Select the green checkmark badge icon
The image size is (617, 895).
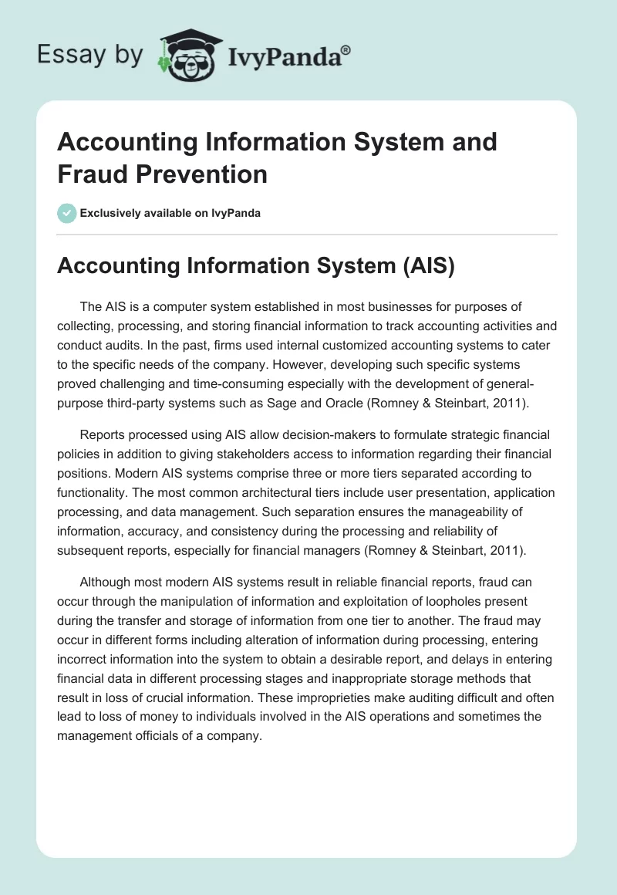pyautogui.click(x=67, y=213)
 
